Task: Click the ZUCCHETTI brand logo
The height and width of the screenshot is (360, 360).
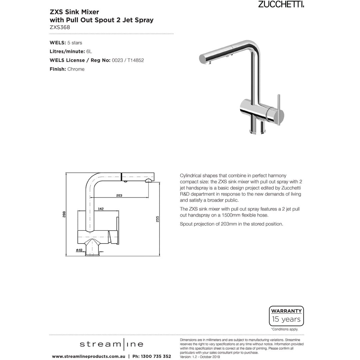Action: pos(281,4)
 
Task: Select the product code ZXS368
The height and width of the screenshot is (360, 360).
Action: pos(60,28)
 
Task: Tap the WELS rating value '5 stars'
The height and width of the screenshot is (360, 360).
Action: pos(75,43)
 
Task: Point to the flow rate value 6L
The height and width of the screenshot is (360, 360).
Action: pos(89,51)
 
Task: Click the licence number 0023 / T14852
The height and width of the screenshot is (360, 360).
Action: pos(128,60)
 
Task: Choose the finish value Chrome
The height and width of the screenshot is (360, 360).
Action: pos(76,69)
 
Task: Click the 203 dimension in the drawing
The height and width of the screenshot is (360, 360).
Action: pos(119,195)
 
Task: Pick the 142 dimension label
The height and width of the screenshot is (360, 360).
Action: pos(101,209)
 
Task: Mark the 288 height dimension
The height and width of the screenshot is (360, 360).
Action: pos(64,214)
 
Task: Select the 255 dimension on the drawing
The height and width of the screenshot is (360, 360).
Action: pos(157,219)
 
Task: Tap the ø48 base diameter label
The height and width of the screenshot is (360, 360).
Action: pos(79,250)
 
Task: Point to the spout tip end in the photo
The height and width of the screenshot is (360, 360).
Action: pos(202,59)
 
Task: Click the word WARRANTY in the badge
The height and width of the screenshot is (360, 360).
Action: pos(286,311)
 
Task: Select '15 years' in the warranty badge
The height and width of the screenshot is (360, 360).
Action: pos(286,319)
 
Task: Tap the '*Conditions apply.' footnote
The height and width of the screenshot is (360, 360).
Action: pos(284,329)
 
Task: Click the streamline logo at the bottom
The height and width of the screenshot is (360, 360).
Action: pos(111,344)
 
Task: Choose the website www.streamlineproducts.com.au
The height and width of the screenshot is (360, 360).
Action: pos(89,356)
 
